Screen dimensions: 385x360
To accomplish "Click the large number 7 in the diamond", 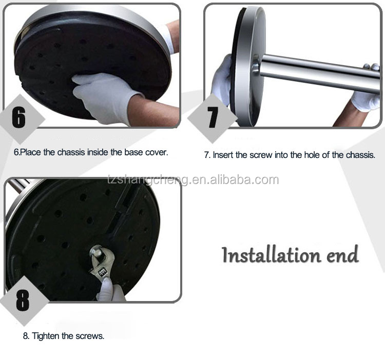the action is [213, 117].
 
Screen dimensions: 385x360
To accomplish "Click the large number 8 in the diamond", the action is [23, 301].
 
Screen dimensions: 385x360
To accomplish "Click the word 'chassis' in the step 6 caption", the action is [72, 152].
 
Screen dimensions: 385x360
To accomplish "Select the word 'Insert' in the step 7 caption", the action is [223, 155].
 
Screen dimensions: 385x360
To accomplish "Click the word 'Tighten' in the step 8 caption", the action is [46, 336].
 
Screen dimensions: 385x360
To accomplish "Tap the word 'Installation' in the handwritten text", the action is [272, 255].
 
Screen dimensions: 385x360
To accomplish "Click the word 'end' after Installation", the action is [343, 255].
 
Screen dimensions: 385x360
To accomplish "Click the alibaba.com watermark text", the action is [193, 180].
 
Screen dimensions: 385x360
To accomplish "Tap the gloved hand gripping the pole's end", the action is [367, 93].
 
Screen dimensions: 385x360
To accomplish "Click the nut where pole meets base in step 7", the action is [256, 64].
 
